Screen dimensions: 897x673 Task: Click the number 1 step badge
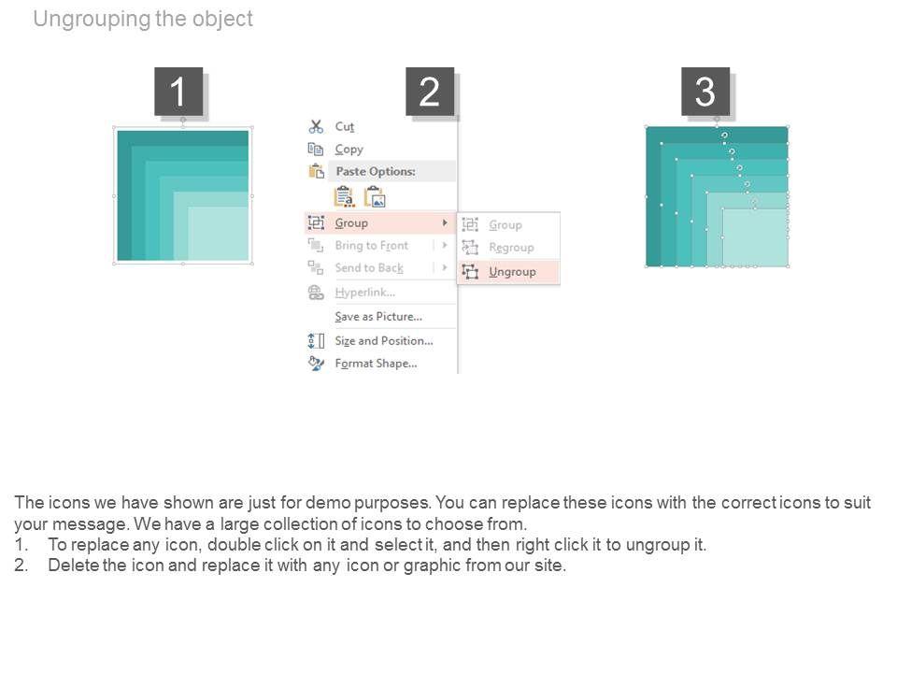point(178,92)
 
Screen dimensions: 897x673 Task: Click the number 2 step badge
point(430,92)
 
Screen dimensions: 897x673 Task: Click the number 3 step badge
point(705,92)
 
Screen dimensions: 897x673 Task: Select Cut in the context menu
point(345,126)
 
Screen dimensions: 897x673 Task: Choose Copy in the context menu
point(349,150)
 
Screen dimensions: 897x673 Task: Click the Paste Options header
point(376,171)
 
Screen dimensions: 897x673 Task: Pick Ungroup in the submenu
point(512,272)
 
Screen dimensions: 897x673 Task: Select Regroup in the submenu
point(511,247)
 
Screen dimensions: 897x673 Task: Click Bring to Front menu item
point(372,246)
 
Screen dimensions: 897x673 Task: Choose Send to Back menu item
point(369,268)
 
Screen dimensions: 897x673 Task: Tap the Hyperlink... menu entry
point(365,293)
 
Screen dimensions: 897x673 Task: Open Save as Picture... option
point(378,317)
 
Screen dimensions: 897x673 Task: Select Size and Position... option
point(384,340)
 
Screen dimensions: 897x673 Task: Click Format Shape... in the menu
point(376,364)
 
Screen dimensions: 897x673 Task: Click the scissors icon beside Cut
point(316,126)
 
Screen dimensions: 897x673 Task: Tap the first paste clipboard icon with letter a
point(345,197)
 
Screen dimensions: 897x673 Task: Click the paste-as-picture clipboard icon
point(376,197)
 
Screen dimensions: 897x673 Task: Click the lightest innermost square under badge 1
point(218,234)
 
